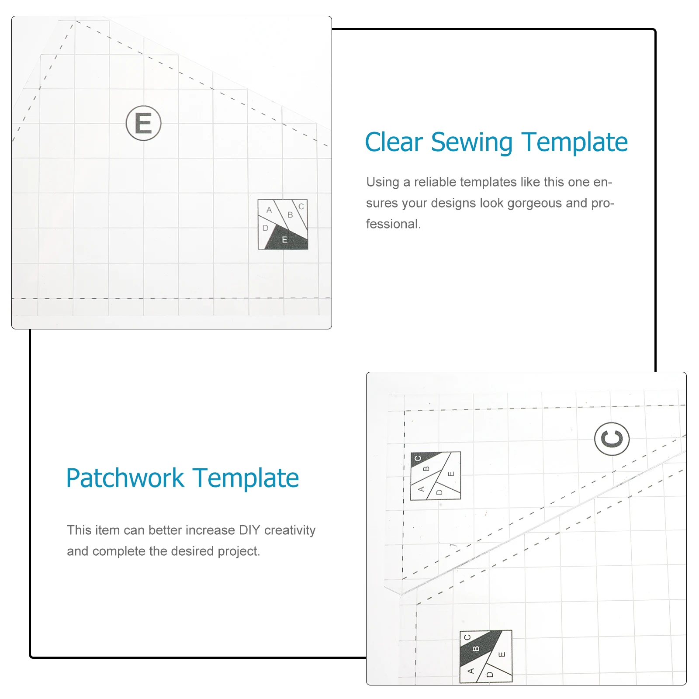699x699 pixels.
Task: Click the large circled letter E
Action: click(143, 123)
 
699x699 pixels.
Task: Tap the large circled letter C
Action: click(612, 439)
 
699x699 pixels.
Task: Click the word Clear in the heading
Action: click(394, 142)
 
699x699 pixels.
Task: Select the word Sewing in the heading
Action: click(471, 142)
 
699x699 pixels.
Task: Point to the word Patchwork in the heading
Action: click(125, 478)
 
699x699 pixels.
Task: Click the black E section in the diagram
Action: click(286, 240)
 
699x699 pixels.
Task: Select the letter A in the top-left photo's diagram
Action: click(269, 210)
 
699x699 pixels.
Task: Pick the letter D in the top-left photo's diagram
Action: click(265, 228)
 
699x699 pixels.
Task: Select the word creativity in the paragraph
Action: click(290, 530)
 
